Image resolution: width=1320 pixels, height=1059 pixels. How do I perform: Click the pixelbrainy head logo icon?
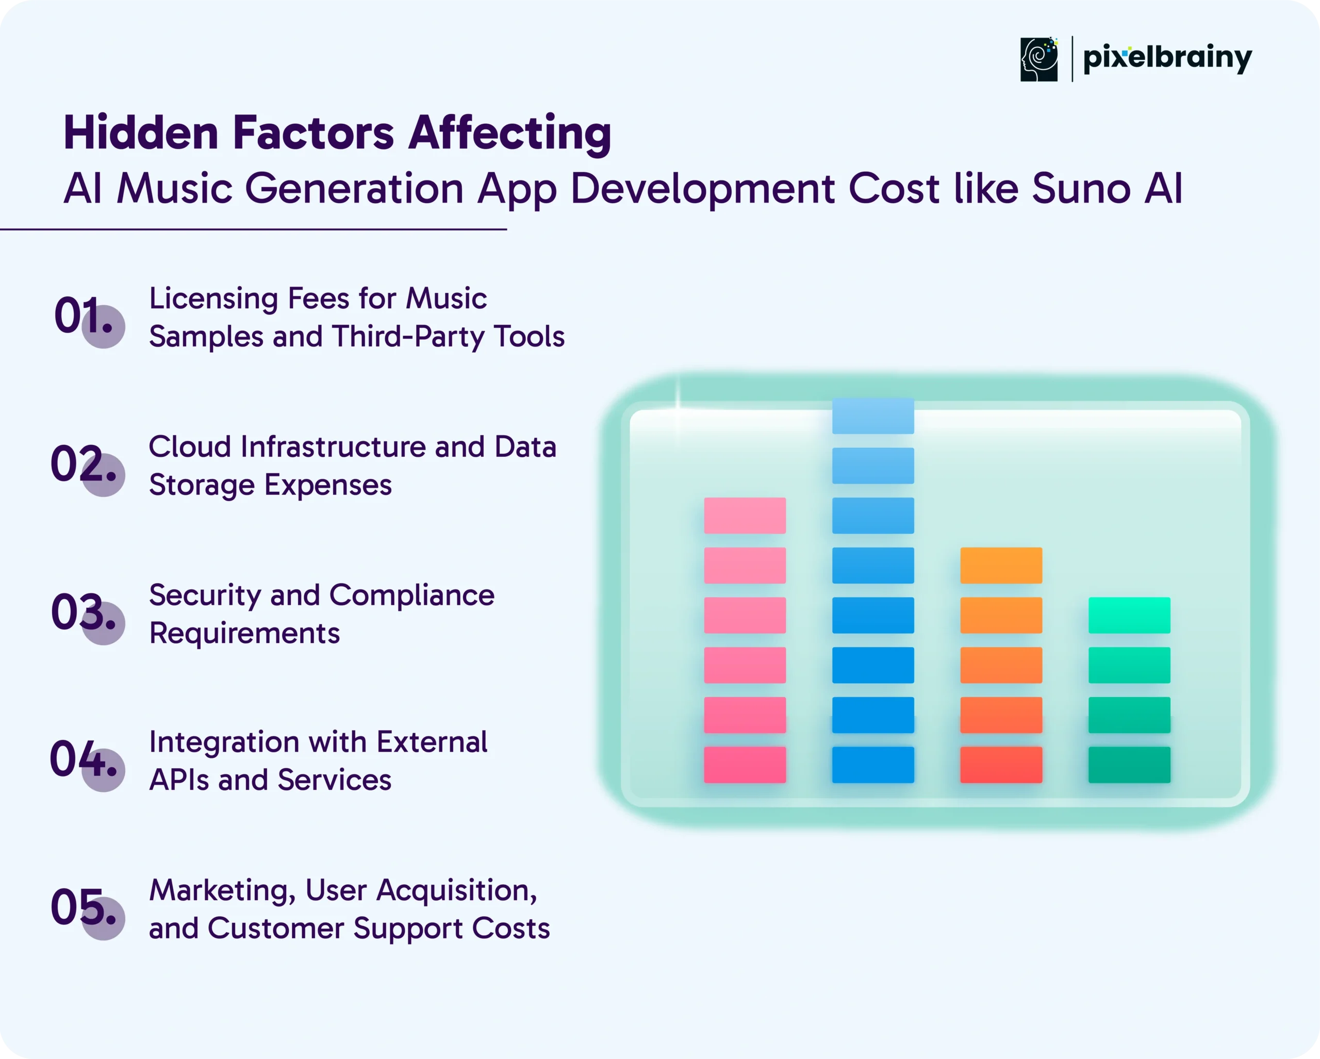click(1039, 59)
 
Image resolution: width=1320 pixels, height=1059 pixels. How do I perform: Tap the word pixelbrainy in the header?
click(1167, 59)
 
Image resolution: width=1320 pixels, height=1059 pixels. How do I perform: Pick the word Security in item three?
click(205, 595)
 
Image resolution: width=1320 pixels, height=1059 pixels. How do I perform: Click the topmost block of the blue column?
click(873, 416)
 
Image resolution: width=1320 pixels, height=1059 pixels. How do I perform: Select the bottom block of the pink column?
click(745, 765)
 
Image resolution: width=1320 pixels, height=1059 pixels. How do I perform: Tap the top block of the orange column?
click(1001, 565)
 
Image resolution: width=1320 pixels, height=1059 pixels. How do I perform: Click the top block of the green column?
click(1130, 615)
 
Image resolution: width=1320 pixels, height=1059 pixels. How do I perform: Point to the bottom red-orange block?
click(1001, 765)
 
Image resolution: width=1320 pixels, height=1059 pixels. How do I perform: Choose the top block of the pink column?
click(745, 516)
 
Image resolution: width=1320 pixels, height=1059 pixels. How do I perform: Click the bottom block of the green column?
click(1130, 765)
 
